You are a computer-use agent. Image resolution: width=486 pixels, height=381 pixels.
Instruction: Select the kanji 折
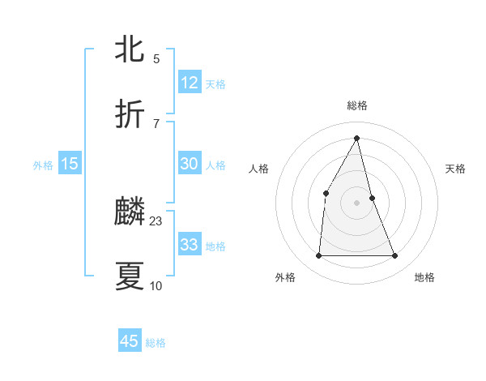click(x=130, y=113)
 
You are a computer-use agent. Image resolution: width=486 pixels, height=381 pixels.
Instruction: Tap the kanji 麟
click(x=130, y=212)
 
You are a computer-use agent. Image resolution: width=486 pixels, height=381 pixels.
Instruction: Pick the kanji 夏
click(x=130, y=276)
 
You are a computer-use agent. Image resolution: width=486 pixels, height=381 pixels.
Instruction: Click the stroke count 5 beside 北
click(x=156, y=58)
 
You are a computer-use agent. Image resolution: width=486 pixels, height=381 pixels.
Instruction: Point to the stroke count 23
click(x=156, y=220)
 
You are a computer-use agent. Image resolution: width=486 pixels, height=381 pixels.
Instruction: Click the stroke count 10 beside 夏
click(x=156, y=285)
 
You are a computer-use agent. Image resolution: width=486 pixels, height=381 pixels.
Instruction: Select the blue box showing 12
click(x=190, y=83)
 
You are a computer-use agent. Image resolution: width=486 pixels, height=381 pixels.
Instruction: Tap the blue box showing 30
click(x=190, y=164)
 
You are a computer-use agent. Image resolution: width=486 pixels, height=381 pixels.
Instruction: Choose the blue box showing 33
click(x=190, y=245)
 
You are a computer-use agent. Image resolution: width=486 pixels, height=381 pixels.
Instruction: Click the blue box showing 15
click(x=70, y=164)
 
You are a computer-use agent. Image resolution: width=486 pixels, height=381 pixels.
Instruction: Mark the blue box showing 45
click(x=130, y=341)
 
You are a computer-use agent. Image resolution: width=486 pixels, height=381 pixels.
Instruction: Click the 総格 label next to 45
click(x=156, y=343)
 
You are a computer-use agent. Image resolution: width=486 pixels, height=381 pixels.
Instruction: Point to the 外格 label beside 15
click(x=43, y=165)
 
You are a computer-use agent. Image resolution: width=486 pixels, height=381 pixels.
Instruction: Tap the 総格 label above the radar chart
click(x=357, y=105)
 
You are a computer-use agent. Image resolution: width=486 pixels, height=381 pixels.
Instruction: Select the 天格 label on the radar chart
click(x=455, y=169)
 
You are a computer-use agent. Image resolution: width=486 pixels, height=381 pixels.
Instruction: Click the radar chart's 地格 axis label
click(x=424, y=277)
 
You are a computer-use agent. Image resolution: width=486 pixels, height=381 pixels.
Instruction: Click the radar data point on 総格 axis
click(x=357, y=138)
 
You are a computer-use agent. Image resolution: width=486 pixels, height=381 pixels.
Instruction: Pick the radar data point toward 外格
click(x=318, y=256)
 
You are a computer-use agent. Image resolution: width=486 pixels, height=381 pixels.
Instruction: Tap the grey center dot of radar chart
click(x=357, y=203)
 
